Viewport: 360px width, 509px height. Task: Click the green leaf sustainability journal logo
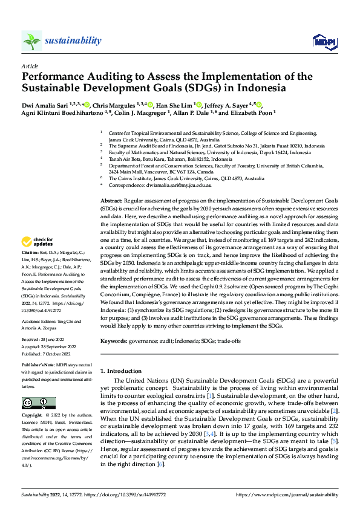31,41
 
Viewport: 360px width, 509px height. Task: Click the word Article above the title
30,66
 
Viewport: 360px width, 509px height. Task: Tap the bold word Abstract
111,199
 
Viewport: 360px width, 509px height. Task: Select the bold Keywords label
114,341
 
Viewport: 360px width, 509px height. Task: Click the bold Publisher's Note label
39,366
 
